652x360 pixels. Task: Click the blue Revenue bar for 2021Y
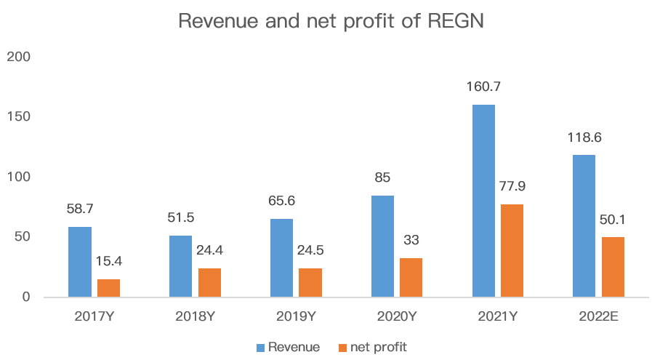tap(483, 201)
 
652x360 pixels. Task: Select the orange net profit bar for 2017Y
tap(108, 288)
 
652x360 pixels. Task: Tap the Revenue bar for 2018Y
tap(180, 266)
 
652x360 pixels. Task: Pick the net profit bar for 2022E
tap(613, 267)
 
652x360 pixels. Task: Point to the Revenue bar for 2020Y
tap(382, 246)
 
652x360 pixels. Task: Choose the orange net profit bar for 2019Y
tap(310, 282)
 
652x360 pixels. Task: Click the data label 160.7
tap(483, 87)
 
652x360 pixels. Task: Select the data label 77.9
tap(512, 186)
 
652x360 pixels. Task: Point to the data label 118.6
tap(584, 137)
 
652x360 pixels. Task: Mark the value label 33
tap(411, 240)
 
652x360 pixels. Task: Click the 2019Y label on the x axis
tap(296, 316)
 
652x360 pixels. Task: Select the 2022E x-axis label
tap(598, 316)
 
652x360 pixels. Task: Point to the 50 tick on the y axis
tap(23, 237)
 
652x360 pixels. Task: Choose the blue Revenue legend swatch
tap(260, 347)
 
